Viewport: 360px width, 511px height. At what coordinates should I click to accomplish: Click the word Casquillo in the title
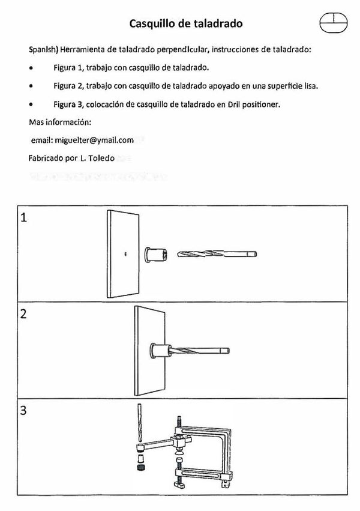click(152, 24)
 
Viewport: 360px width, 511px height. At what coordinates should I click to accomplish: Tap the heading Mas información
click(60, 122)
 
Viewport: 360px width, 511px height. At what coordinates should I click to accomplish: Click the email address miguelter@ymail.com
click(82, 140)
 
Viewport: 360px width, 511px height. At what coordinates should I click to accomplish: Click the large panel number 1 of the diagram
click(25, 217)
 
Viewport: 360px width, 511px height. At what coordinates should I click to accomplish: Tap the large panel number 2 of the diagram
click(25, 314)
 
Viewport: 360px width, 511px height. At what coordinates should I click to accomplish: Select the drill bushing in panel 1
click(155, 253)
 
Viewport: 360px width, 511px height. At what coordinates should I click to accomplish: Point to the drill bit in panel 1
click(217, 255)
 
